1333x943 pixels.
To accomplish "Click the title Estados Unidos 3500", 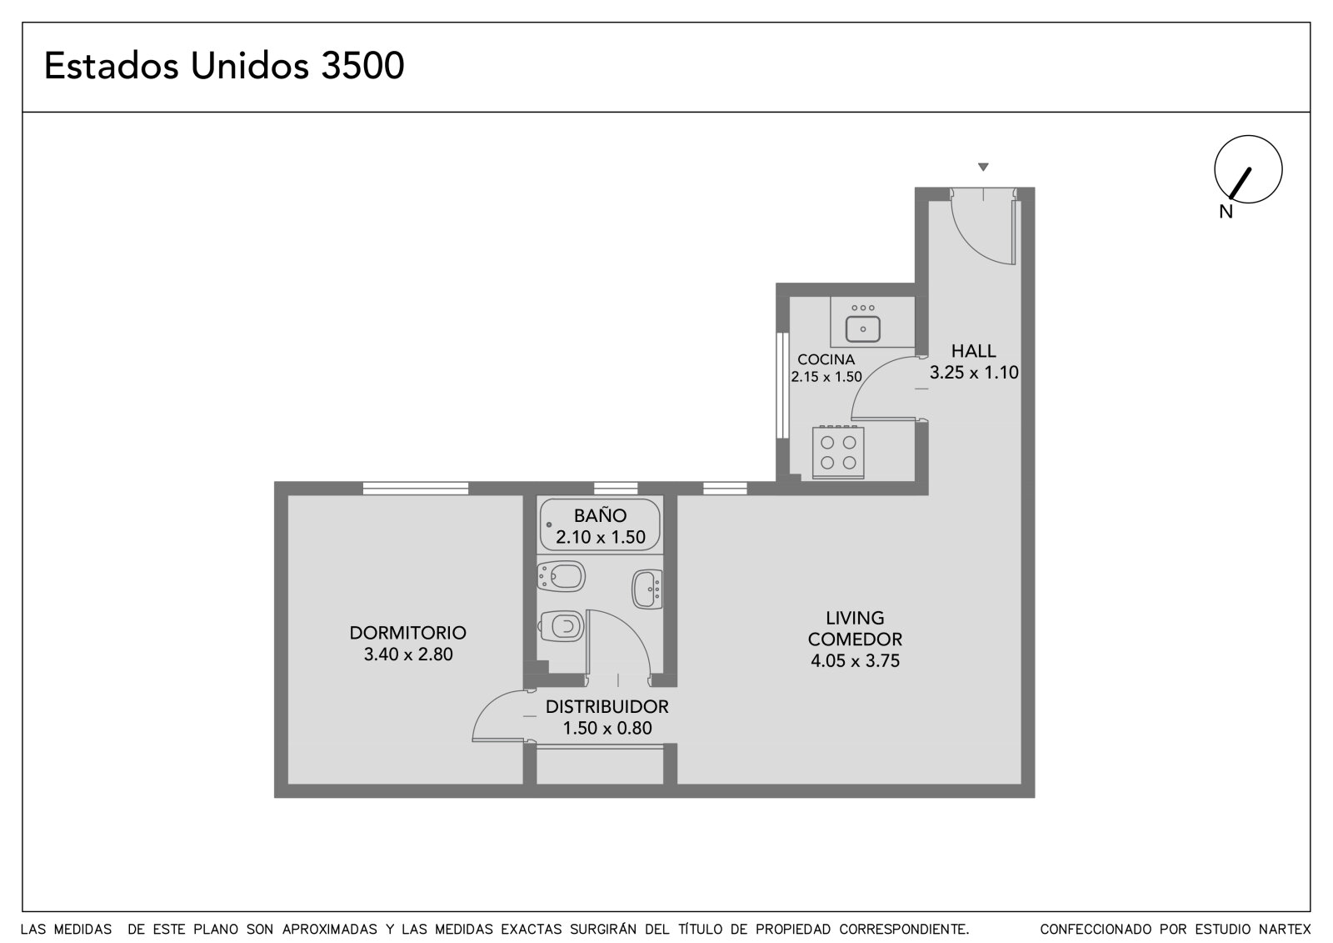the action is [224, 66].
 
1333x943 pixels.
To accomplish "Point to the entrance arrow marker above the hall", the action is [983, 167].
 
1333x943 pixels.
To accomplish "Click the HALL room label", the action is [973, 351].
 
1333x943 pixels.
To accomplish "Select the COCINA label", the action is [826, 359].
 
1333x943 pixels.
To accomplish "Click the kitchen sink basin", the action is [863, 329].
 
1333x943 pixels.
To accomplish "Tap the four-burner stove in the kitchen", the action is [838, 452].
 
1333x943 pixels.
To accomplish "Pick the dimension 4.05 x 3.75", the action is [855, 660].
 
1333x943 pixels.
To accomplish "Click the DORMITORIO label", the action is [407, 633].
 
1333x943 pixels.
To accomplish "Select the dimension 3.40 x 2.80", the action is [407, 654].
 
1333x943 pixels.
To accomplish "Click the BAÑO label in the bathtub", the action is [600, 515].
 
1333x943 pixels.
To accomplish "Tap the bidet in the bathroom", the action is [561, 576].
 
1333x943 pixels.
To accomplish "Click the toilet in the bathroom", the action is [561, 626].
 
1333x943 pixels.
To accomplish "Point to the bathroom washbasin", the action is [647, 589].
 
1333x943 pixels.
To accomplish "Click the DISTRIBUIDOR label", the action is [607, 706].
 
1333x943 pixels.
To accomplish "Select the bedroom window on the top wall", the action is [416, 489].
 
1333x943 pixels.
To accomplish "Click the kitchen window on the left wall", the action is [782, 385].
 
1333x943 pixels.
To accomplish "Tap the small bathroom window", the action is [616, 489].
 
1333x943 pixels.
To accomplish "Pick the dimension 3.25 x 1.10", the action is [974, 373].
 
